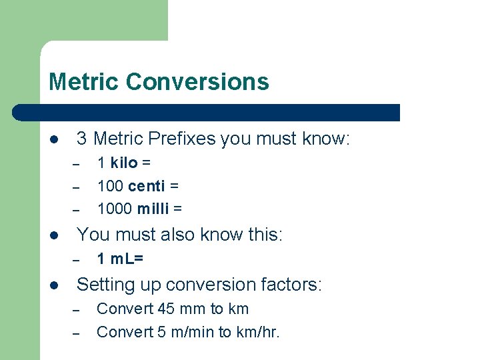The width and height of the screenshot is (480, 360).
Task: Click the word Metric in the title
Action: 84,81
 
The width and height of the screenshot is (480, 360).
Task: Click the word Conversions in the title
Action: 197,81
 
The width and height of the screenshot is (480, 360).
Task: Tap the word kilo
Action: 124,163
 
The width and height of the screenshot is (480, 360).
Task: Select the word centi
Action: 148,186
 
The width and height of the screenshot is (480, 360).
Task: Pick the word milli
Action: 153,209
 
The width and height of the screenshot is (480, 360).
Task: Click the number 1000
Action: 115,209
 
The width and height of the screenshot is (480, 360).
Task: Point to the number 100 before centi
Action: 110,186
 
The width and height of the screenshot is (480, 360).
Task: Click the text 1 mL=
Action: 120,259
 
